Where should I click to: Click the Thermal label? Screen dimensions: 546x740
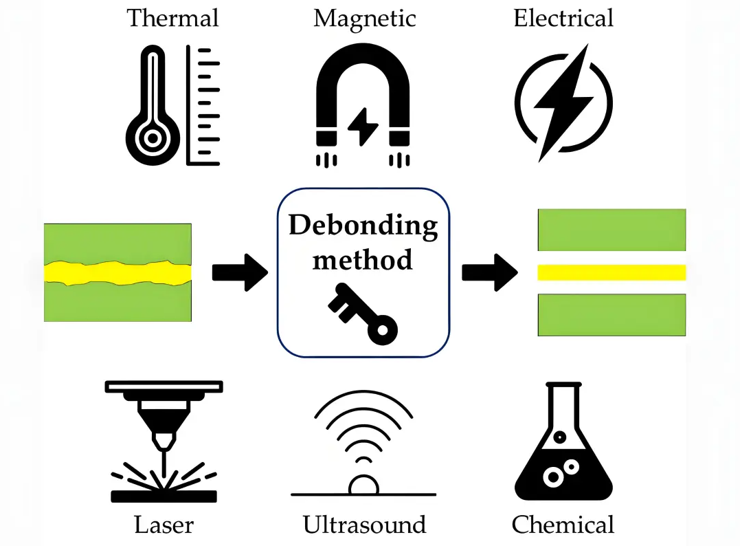pyautogui.click(x=172, y=17)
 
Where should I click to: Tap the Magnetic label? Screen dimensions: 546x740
pyautogui.click(x=364, y=17)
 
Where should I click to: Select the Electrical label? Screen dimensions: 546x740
pyautogui.click(x=563, y=17)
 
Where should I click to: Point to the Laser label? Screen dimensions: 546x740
pyautogui.click(x=164, y=525)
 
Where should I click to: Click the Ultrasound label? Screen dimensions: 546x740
pyautogui.click(x=364, y=525)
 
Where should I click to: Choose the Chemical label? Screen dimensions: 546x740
pyautogui.click(x=563, y=525)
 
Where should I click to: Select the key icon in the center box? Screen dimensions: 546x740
pyautogui.click(x=363, y=313)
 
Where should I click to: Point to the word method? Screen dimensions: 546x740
pyautogui.click(x=363, y=259)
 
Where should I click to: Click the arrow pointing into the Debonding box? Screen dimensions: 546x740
pyautogui.click(x=239, y=272)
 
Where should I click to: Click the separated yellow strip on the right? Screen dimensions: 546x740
pyautogui.click(x=612, y=272)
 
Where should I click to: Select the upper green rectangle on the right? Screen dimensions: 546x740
pyautogui.click(x=612, y=230)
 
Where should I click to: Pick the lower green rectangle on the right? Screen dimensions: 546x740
pyautogui.click(x=612, y=315)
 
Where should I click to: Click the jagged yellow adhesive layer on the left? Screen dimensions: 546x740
pyautogui.click(x=117, y=272)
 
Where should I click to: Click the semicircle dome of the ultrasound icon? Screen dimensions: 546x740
pyautogui.click(x=363, y=485)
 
